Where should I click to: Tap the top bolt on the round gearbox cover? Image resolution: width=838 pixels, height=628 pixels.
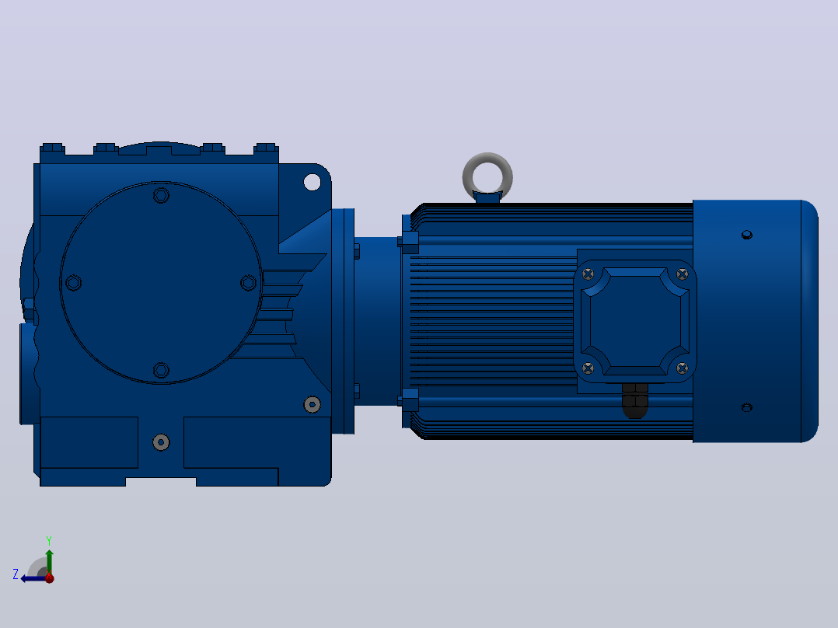[x=161, y=195]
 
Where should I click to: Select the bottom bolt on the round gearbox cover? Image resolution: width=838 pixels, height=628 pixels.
[x=161, y=370]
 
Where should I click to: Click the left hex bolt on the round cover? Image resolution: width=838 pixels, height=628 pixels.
[x=73, y=283]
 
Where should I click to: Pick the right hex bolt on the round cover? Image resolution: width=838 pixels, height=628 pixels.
[x=249, y=283]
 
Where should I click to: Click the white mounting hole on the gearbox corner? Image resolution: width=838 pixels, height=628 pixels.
[x=313, y=182]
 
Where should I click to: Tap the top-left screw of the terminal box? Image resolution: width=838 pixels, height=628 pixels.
[x=588, y=274]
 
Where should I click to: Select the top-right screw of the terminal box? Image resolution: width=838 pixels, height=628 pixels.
[x=682, y=274]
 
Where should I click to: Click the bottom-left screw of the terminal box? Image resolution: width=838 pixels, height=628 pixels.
[x=588, y=368]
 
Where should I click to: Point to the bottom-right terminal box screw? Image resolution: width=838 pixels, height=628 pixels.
[x=682, y=368]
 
